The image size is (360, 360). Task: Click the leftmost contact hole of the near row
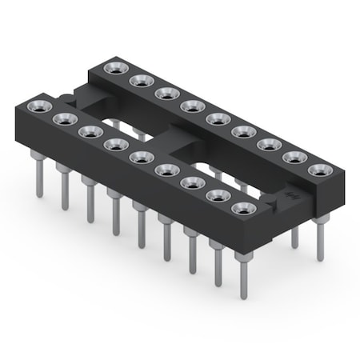(37, 106)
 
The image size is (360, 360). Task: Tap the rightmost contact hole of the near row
(242, 208)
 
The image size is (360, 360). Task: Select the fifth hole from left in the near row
(139, 156)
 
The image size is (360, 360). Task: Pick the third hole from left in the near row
(87, 130)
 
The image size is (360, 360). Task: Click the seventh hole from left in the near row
(191, 182)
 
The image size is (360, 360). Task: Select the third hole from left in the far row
(166, 94)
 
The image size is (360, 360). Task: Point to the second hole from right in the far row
(293, 157)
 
